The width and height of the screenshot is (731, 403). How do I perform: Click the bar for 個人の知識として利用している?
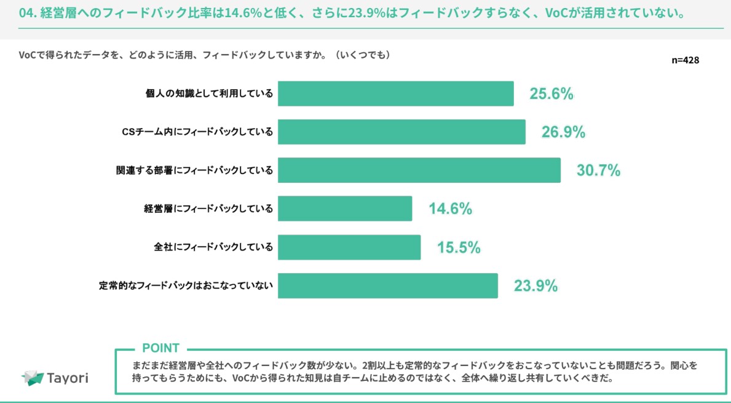click(x=395, y=94)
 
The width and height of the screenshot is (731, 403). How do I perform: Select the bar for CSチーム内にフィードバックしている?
click(x=401, y=132)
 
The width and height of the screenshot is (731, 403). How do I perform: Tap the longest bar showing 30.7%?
click(x=419, y=170)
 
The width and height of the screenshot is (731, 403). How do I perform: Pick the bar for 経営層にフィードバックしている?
click(x=345, y=209)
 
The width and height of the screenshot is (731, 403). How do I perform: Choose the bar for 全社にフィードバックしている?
click(x=349, y=247)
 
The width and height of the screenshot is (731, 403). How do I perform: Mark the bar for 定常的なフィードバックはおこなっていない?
click(x=387, y=285)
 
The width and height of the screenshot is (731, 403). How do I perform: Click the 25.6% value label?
click(x=551, y=94)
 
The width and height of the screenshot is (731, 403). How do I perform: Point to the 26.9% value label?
click(x=563, y=132)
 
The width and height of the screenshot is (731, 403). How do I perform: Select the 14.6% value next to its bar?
click(x=450, y=209)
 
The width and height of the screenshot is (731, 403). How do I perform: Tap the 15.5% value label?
click(x=459, y=247)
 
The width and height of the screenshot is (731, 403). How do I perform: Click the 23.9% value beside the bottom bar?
click(x=535, y=286)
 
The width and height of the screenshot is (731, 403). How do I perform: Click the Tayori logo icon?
click(x=32, y=378)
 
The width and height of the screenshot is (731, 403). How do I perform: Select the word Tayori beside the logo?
click(x=68, y=378)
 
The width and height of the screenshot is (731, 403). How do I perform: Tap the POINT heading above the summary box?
click(x=161, y=348)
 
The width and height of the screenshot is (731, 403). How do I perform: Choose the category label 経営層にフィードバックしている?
click(x=208, y=209)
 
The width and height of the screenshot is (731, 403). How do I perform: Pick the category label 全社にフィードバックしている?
click(x=213, y=247)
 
